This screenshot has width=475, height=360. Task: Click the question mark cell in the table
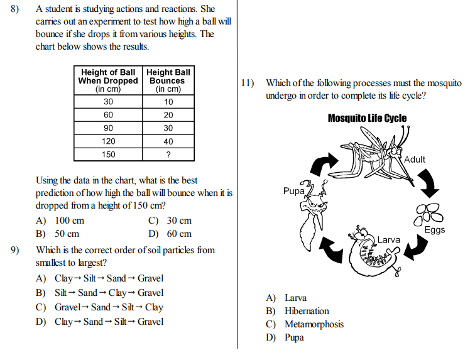point(168,155)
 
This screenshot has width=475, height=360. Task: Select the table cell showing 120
point(109,141)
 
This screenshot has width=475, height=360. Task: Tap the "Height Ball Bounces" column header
point(168,80)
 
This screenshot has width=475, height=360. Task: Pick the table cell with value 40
point(168,141)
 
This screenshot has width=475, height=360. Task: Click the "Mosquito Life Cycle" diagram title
point(367,118)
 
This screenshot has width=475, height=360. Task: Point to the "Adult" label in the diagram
point(415,159)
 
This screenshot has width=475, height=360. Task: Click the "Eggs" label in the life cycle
point(434,229)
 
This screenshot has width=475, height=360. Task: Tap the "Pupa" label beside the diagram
point(293,190)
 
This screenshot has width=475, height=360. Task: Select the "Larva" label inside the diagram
point(389,239)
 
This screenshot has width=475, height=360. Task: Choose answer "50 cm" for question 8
point(58,234)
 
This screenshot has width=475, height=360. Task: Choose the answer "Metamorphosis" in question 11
point(314,324)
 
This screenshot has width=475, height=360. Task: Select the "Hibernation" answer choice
point(307,311)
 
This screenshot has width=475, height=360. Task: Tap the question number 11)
point(247,82)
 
